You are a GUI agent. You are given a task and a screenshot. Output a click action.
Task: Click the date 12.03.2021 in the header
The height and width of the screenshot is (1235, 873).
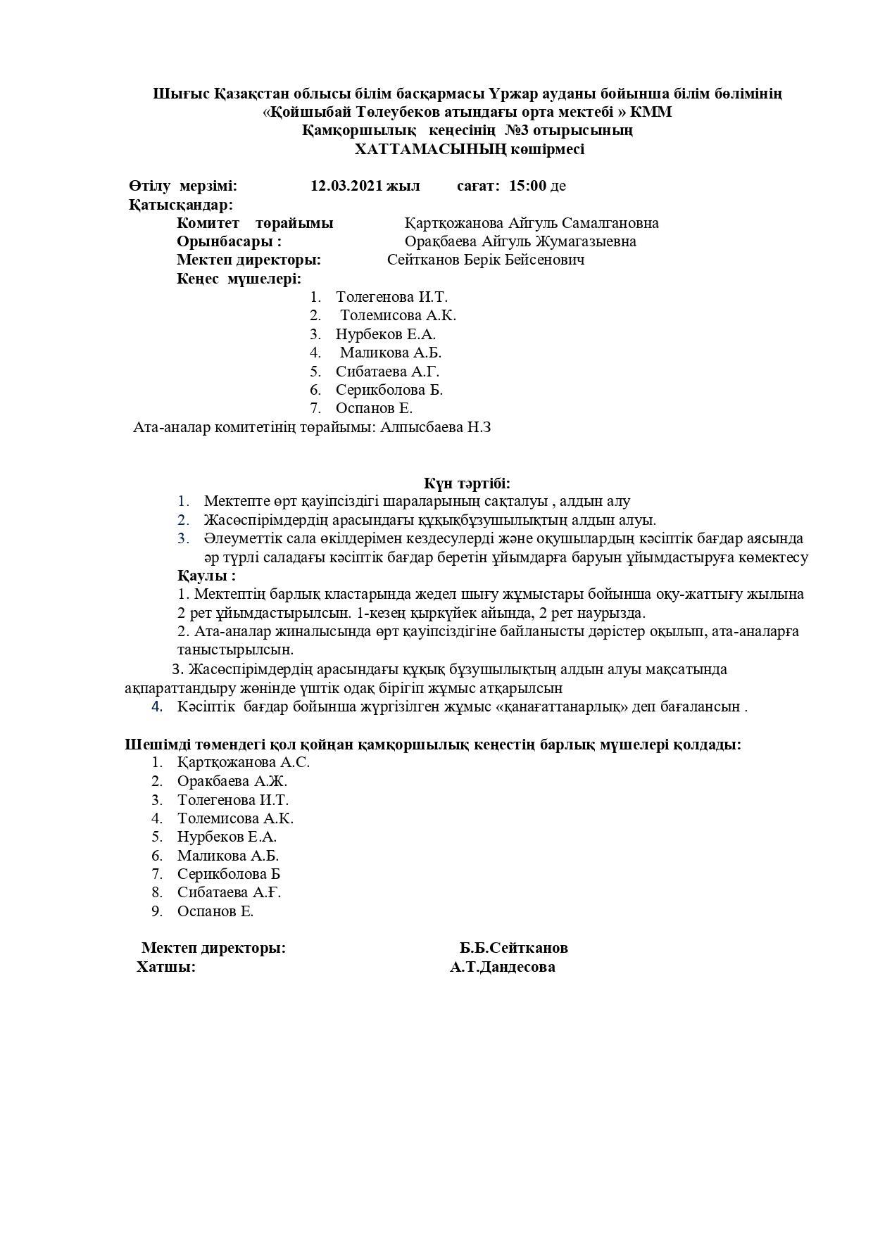pos(346,186)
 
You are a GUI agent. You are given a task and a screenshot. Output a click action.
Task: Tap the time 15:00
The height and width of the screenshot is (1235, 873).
pos(527,186)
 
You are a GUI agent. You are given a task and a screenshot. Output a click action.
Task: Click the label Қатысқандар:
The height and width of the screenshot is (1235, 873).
pos(180,205)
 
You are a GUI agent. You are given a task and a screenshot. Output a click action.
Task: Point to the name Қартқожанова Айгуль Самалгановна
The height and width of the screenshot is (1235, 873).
pos(532,223)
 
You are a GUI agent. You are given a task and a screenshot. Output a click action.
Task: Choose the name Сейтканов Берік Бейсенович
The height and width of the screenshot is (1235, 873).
pos(486,260)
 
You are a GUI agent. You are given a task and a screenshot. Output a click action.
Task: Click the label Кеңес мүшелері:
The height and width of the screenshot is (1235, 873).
pos(239,279)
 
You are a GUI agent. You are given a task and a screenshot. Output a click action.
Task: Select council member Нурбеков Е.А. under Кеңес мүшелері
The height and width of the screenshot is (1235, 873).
pos(385,334)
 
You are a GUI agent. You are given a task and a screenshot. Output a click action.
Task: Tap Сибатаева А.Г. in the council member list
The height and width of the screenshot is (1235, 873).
pos(387,372)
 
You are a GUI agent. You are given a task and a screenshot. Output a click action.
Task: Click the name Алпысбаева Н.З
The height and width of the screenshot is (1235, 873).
pos(435,427)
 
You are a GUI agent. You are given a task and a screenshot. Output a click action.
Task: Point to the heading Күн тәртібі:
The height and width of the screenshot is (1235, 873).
pos(467,483)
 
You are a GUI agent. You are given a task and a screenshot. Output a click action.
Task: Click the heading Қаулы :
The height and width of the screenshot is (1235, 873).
pos(206,576)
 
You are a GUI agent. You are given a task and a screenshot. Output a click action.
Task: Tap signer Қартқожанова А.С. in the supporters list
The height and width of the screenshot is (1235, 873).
pos(243,762)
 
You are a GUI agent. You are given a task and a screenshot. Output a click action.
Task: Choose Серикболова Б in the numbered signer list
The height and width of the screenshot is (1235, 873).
pos(229,874)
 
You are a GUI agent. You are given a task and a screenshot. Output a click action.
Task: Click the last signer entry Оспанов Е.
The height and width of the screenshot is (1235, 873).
pos(215,911)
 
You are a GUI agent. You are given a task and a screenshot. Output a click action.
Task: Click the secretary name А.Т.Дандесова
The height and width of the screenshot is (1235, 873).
pos(503,967)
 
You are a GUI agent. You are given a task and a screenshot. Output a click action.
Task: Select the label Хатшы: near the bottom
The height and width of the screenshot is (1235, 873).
pos(166,967)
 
